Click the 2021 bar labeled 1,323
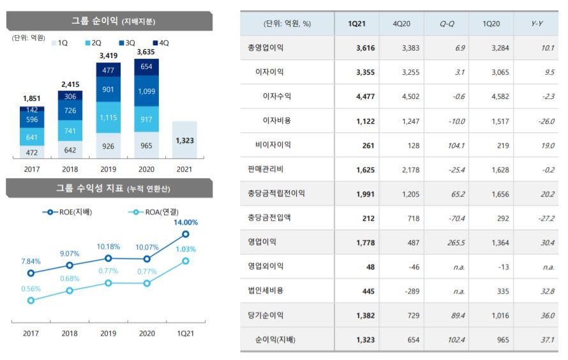tap(184, 139)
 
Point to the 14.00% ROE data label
tap(186, 222)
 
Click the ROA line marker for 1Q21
tap(186, 261)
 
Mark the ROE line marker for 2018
tap(70, 265)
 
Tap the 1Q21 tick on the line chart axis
tap(186, 333)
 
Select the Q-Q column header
tap(447, 24)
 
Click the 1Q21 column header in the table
tap(357, 24)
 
